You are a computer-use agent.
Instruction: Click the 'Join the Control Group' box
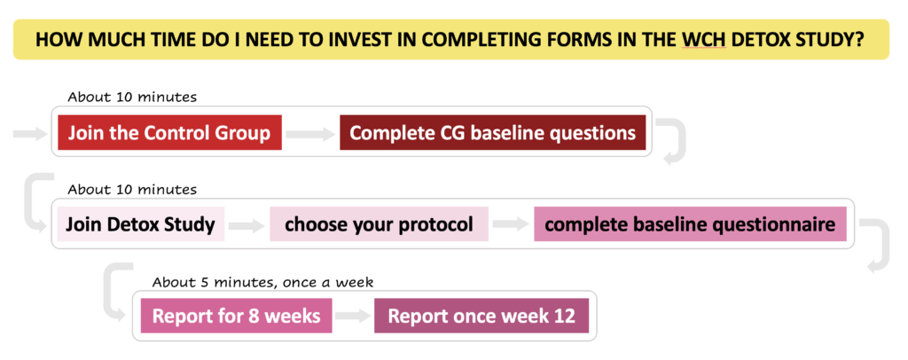click(169, 132)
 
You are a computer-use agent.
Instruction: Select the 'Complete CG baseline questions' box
click(492, 132)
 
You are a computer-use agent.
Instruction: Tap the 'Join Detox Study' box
click(141, 224)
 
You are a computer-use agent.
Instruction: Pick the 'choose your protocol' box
click(379, 224)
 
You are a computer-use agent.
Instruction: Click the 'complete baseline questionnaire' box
click(690, 224)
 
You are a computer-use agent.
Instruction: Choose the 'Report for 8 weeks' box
click(236, 316)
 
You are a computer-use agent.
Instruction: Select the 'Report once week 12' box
click(481, 316)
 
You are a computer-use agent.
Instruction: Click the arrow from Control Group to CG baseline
click(310, 134)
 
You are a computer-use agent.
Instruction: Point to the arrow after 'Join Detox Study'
click(247, 226)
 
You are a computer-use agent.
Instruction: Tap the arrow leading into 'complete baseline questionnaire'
click(511, 225)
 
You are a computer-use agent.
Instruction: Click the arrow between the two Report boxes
click(353, 317)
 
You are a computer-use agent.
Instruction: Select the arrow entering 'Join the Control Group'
click(30, 134)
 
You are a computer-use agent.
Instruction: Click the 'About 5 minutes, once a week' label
click(262, 283)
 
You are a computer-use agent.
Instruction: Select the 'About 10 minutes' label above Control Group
click(132, 98)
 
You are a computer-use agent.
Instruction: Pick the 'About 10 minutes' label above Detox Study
click(132, 189)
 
